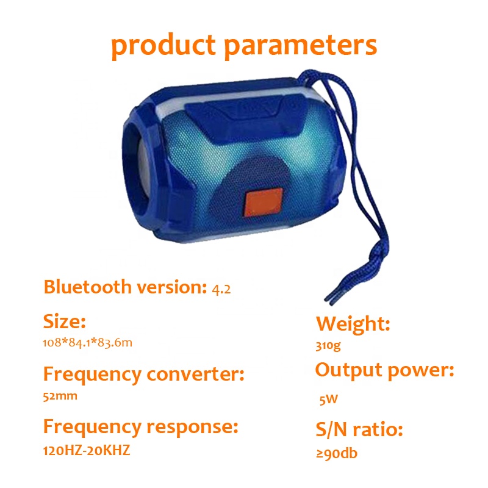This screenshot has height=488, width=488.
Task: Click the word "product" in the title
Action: [163, 46]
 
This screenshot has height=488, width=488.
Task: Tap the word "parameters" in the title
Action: [300, 46]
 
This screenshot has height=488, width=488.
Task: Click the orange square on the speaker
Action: [264, 203]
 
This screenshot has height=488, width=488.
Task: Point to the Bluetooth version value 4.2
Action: [221, 289]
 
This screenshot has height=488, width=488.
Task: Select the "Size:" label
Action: [65, 321]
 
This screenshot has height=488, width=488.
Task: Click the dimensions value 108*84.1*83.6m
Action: [87, 343]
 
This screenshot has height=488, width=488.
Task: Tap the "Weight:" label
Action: [353, 324]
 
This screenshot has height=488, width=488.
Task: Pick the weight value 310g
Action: [328, 346]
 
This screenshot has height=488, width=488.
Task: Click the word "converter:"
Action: [195, 374]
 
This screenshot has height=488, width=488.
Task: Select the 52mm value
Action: [60, 396]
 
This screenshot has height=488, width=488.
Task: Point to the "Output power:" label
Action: [385, 371]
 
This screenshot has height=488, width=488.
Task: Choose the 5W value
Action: [329, 399]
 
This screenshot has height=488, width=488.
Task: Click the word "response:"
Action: [192, 427]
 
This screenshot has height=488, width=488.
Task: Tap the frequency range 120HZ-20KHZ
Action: [87, 450]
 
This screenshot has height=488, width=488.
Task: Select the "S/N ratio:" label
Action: [359, 429]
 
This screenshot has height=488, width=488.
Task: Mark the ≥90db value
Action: [337, 453]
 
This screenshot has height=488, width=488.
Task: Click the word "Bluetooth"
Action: [87, 287]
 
